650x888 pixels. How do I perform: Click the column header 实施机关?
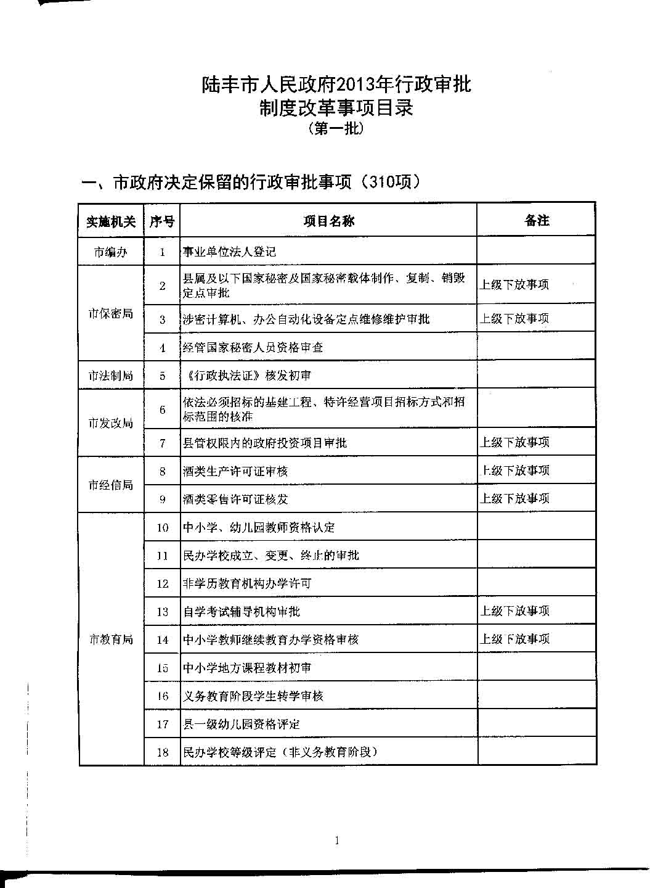coord(111,221)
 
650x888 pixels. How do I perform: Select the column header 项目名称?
coord(328,221)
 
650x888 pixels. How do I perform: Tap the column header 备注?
coord(537,221)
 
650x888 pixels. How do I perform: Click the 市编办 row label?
coord(111,252)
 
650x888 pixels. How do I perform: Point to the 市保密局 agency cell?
coord(111,314)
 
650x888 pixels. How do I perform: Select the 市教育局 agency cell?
coord(111,639)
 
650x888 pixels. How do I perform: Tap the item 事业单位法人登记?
coord(229,252)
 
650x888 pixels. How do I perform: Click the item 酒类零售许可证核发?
coord(235,499)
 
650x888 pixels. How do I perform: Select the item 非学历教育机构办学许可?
coord(247,583)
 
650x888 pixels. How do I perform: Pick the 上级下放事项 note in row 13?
coord(515,611)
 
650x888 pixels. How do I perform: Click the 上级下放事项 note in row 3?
coord(515,319)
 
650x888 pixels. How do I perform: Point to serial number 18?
coord(163,752)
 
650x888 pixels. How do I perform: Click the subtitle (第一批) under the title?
coord(336,129)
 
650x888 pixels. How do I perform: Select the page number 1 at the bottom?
coord(336,840)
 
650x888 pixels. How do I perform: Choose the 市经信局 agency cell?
coord(111,485)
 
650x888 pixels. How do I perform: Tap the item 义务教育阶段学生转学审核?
coord(253,696)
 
